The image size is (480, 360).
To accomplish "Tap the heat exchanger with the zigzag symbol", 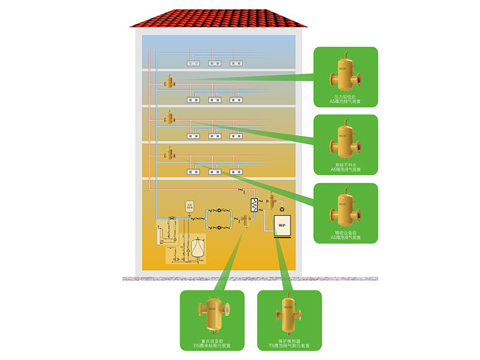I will [x=253, y=205].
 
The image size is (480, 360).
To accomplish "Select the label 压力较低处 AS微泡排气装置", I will [x=346, y=99].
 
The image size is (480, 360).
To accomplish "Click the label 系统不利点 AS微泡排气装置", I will [x=346, y=167].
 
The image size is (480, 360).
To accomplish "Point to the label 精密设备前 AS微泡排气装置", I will [x=346, y=235].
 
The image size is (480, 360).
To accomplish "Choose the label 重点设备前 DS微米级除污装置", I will [x=212, y=344].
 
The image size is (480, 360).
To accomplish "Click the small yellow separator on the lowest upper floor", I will [x=169, y=153].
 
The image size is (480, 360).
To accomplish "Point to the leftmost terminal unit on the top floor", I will [x=193, y=62].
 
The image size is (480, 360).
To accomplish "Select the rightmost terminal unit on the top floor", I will [x=235, y=62].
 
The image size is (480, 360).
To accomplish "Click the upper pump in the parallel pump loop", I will [x=220, y=211].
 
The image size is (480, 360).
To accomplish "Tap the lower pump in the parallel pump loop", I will [x=220, y=227].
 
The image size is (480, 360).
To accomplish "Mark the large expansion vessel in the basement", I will [x=197, y=248].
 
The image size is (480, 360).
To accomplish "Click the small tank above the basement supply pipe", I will [x=190, y=205].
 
